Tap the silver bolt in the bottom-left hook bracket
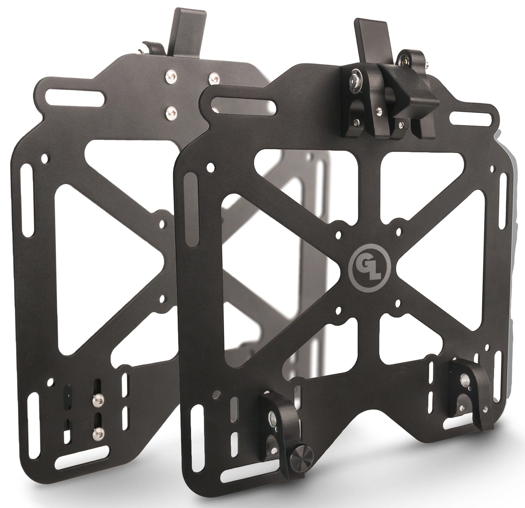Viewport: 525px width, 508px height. pos(273,424)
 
